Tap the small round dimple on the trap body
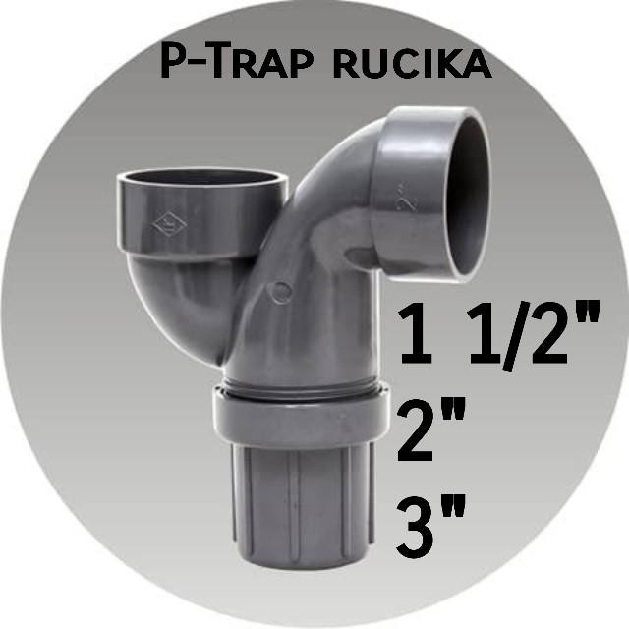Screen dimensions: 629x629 pos(282,292)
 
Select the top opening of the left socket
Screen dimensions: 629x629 pos(201,180)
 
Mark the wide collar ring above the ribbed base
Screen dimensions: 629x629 pos(295,413)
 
